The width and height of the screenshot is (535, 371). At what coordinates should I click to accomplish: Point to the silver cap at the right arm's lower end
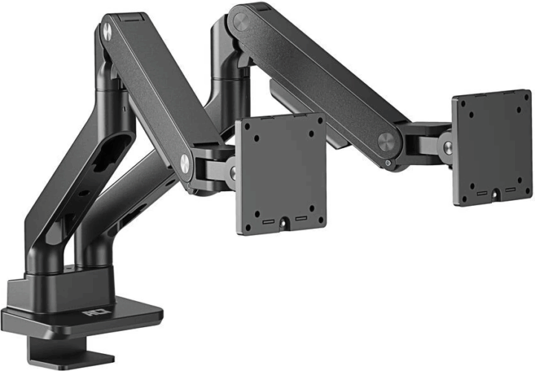pyautogui.click(x=386, y=143)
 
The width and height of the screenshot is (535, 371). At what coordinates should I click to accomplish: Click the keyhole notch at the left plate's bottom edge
pyautogui.click(x=283, y=221)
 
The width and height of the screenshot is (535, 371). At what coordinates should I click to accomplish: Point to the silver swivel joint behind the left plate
pyautogui.click(x=232, y=172)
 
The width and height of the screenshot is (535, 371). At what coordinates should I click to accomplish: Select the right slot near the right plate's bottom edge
pyautogui.click(x=510, y=189)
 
